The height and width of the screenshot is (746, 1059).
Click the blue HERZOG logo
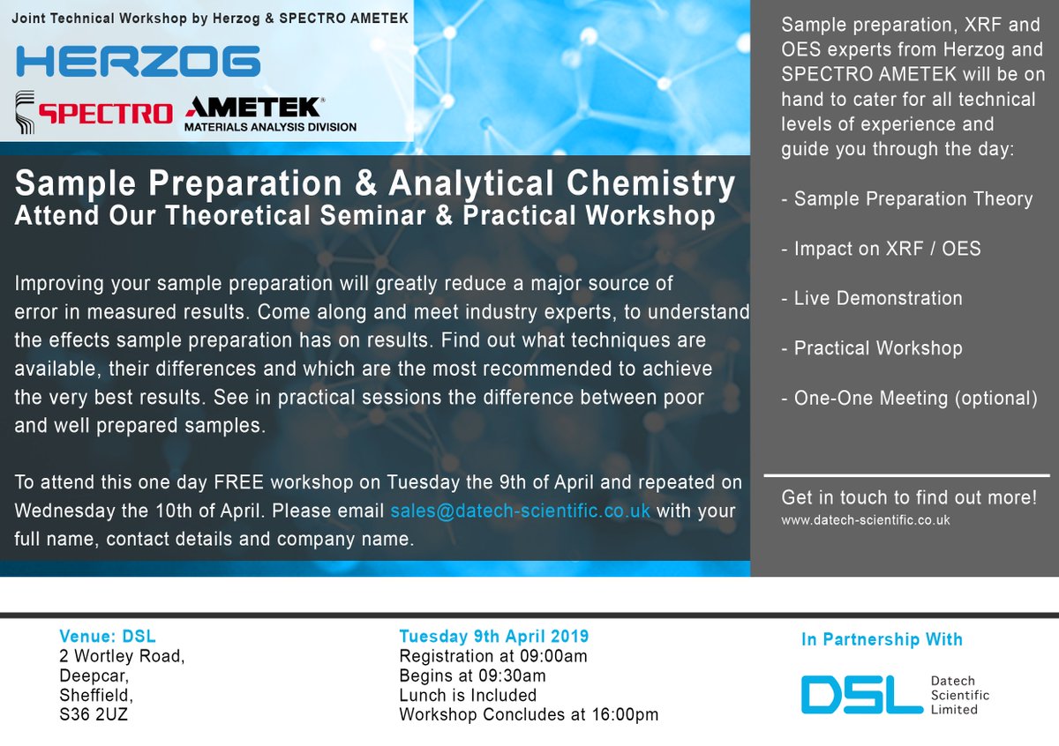click(x=138, y=61)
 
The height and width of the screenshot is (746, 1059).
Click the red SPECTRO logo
click(x=105, y=114)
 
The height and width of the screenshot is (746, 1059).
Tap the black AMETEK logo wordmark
click(x=254, y=108)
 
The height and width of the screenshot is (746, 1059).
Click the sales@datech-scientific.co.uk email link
click(x=520, y=511)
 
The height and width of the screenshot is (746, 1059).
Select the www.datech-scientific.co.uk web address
click(x=865, y=520)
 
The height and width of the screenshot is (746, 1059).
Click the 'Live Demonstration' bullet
click(x=872, y=299)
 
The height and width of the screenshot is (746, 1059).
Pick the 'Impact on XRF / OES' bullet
click(x=881, y=249)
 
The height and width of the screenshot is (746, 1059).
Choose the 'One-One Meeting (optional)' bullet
click(x=909, y=399)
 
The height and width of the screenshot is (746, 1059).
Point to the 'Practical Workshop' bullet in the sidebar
click(x=872, y=348)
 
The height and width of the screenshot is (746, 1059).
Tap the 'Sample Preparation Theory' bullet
click(x=907, y=199)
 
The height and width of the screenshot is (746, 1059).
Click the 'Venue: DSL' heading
click(x=108, y=637)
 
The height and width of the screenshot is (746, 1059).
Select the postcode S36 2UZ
click(x=94, y=714)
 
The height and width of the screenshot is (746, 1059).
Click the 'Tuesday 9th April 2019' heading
click(x=494, y=637)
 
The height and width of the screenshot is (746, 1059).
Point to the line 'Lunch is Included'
click(x=468, y=695)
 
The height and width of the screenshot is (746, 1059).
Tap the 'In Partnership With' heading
click(x=882, y=639)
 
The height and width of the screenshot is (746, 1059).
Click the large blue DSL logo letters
click(x=862, y=695)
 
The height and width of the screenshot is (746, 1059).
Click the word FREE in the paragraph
click(x=239, y=482)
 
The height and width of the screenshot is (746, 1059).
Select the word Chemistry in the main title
click(x=650, y=183)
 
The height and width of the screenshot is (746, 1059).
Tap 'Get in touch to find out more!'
click(x=909, y=497)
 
